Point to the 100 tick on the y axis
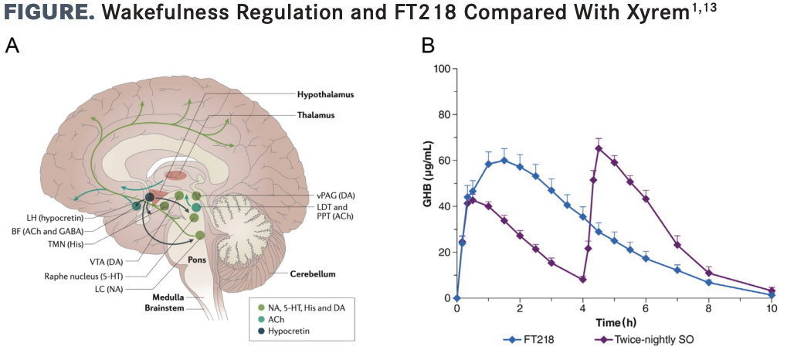pyautogui.click(x=441, y=69)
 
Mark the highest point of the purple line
pyautogui.click(x=599, y=148)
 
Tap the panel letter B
pyautogui.click(x=427, y=46)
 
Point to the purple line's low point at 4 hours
pyautogui.click(x=582, y=279)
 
